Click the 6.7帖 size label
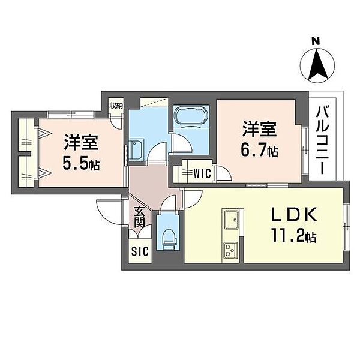(x=260, y=151)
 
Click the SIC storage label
(x=138, y=253)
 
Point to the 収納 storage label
(x=116, y=106)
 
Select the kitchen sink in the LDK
(x=231, y=220)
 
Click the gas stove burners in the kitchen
(x=231, y=251)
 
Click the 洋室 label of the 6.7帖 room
(x=259, y=130)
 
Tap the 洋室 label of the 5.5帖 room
(x=82, y=142)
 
